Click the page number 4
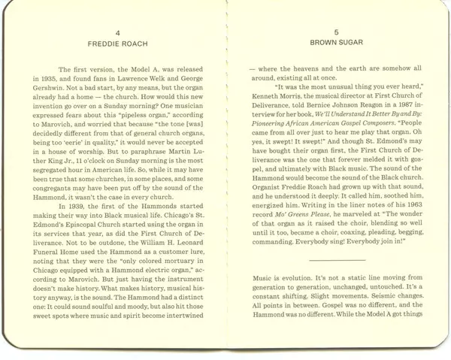pyautogui.click(x=117, y=33)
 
